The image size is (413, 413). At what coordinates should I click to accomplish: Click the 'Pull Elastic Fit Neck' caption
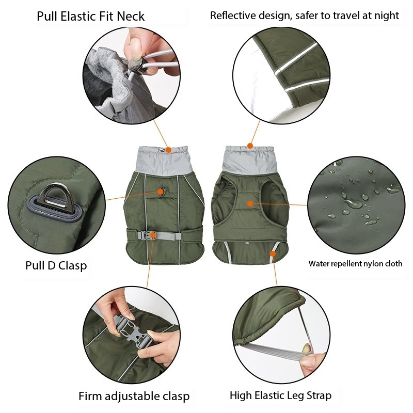pos(90,16)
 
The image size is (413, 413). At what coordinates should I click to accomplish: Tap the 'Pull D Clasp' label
pos(56,265)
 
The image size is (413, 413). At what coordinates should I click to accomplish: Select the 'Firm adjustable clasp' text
pos(134,396)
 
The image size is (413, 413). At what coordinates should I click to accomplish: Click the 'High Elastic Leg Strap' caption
pos(280,395)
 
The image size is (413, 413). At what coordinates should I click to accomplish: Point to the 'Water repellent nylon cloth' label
pos(355,263)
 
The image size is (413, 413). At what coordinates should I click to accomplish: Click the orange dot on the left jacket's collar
pos(168,150)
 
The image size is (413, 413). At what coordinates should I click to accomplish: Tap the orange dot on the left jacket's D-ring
pos(161,192)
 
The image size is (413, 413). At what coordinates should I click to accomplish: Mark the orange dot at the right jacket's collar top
pos(250,146)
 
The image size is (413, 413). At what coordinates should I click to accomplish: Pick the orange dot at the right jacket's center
pos(250,203)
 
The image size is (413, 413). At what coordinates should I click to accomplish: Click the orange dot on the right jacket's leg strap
pos(273,253)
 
